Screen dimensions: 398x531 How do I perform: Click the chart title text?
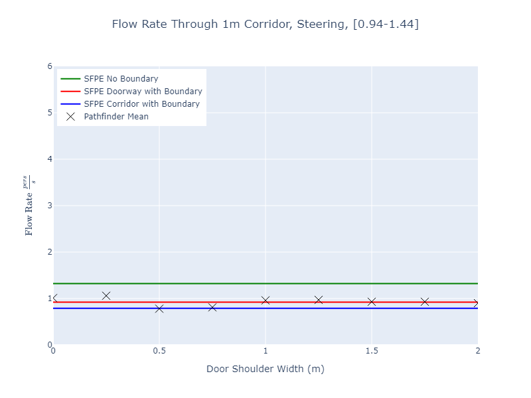pyautogui.click(x=265, y=25)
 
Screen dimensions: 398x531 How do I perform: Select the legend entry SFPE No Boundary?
pyautogui.click(x=121, y=79)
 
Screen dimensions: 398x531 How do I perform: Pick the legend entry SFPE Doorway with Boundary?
pyautogui.click(x=143, y=92)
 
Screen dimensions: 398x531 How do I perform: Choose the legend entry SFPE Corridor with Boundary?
pyautogui.click(x=141, y=104)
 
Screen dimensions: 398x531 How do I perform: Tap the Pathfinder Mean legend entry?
pyautogui.click(x=116, y=117)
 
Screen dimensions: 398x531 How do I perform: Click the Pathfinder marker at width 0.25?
pyautogui.click(x=106, y=296)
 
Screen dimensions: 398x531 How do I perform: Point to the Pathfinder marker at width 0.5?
pyautogui.click(x=159, y=308)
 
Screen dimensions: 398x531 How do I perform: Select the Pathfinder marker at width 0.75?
pyautogui.click(x=212, y=307)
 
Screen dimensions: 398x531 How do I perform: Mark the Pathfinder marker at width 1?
pyautogui.click(x=265, y=300)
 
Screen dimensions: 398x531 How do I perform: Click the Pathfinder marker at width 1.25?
pyautogui.click(x=319, y=300)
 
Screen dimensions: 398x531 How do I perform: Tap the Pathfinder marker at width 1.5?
pyautogui.click(x=372, y=302)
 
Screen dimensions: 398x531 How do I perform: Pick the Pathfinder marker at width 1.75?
pyautogui.click(x=425, y=302)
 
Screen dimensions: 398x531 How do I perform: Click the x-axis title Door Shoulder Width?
pyautogui.click(x=265, y=369)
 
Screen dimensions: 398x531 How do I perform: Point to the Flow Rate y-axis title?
pyautogui.click(x=30, y=206)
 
